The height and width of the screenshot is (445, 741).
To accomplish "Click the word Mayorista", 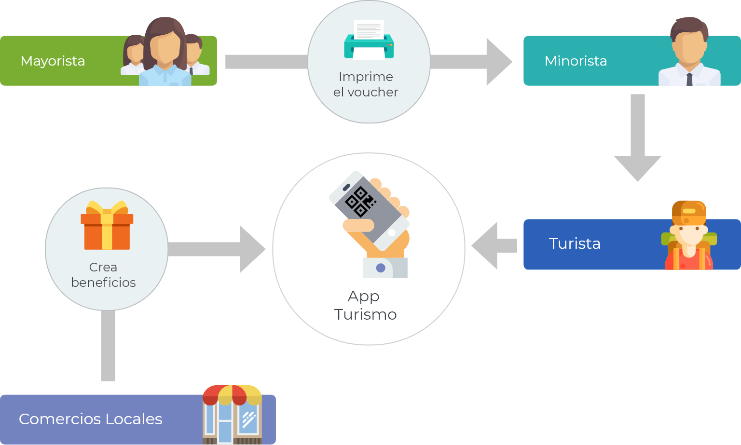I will (x=53, y=61).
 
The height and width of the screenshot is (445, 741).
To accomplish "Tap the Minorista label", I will (x=576, y=61).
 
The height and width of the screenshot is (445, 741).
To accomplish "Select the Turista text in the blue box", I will (x=575, y=243).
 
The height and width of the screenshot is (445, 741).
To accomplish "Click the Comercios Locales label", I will (x=90, y=419).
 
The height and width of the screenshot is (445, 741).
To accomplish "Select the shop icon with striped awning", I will (x=232, y=414).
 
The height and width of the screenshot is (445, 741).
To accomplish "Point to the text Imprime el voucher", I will (x=366, y=84).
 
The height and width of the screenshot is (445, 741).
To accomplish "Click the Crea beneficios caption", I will (x=103, y=275).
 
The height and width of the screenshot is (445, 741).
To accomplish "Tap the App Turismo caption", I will (x=365, y=305).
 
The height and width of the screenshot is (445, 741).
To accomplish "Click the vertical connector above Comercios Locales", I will (x=108, y=345).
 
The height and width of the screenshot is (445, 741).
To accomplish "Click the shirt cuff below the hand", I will (x=384, y=268).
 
